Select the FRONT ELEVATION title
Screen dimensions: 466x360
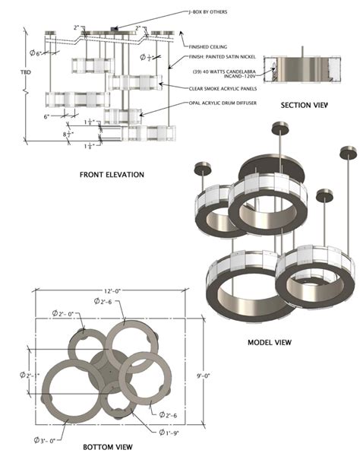[112, 175]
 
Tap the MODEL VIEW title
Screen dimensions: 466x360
[270, 342]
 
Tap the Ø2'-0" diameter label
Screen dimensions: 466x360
[62, 313]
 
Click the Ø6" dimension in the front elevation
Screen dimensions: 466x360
[34, 52]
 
